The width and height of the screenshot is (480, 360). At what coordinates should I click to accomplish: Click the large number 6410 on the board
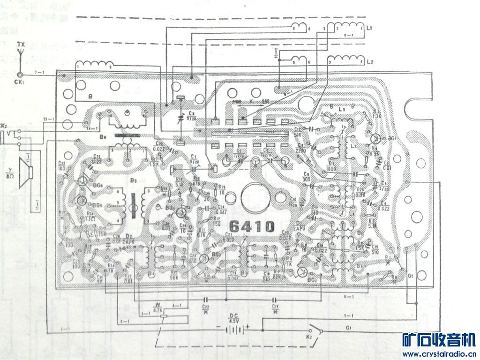coord(252,226)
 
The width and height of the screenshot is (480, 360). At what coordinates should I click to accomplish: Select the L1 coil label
coord(370,29)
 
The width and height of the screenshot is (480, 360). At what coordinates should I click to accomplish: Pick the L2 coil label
coord(370,61)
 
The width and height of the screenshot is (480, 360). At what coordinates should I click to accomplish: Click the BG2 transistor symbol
coord(303,273)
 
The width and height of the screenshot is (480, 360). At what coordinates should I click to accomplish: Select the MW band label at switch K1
coord(237,101)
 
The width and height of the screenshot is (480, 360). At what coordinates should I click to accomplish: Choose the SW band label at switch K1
coord(265,101)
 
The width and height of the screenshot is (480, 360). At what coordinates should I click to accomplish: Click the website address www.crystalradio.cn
coord(439,354)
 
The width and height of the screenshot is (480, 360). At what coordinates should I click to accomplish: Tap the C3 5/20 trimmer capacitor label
coord(191,116)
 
